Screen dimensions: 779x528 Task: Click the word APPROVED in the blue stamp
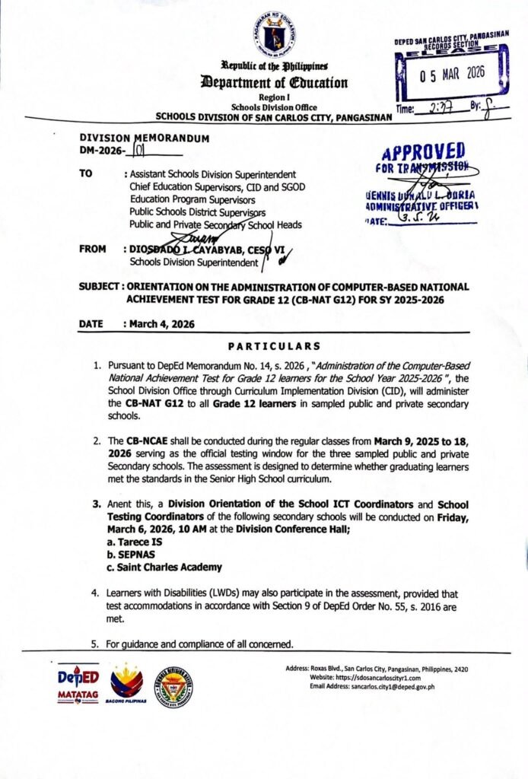[425, 151]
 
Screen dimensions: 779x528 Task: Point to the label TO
[87, 173]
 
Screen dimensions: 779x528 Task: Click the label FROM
[93, 249]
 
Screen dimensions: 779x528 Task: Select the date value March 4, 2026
[161, 324]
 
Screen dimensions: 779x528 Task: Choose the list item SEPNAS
[131, 555]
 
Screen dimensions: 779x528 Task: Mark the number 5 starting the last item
[95, 644]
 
